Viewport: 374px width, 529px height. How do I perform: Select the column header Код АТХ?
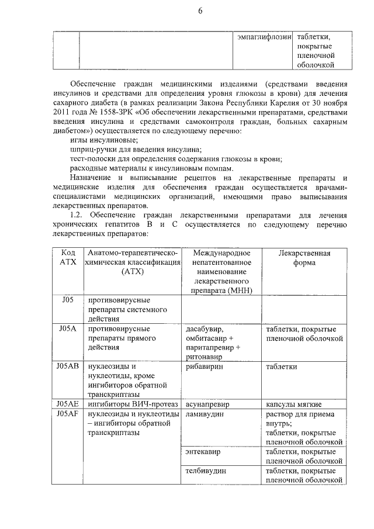point(68,258)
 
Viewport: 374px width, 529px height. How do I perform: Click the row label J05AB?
point(68,367)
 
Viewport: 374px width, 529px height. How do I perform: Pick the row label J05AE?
point(68,403)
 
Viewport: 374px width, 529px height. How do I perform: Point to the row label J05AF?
point(68,414)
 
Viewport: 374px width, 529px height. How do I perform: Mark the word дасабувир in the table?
point(204,329)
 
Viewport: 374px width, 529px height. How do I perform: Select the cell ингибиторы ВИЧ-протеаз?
point(130,403)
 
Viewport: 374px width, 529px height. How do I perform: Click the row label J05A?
point(68,329)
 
